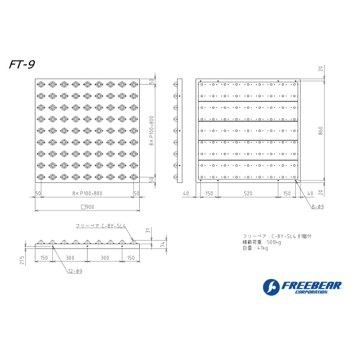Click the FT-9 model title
[22, 65]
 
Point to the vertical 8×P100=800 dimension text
[153, 130]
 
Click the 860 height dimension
[321, 130]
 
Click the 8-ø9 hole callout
[317, 206]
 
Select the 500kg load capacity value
[273, 242]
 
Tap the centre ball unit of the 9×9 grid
[88, 131]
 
